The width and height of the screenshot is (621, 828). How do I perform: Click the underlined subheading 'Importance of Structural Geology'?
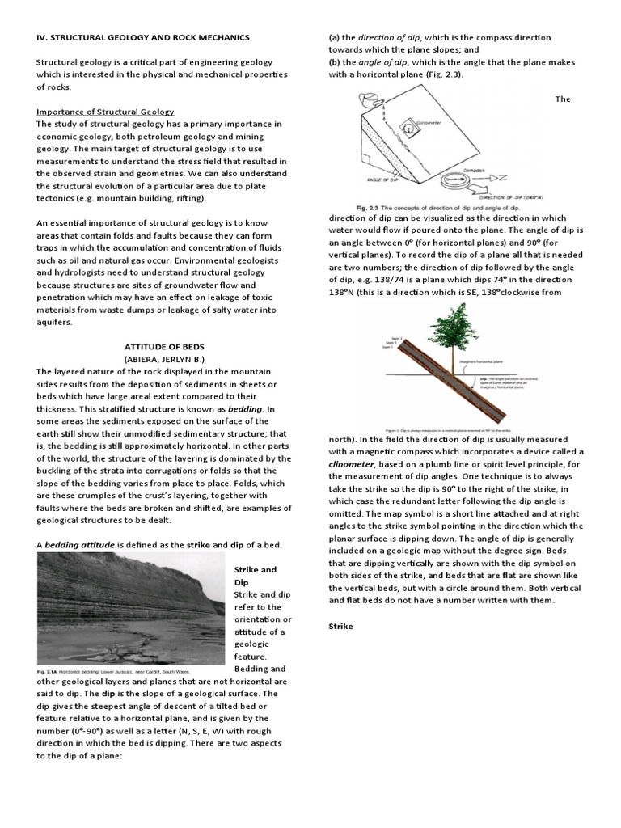point(105,111)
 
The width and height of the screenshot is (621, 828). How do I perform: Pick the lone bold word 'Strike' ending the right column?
point(341,626)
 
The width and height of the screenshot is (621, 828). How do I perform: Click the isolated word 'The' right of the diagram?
point(562,99)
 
